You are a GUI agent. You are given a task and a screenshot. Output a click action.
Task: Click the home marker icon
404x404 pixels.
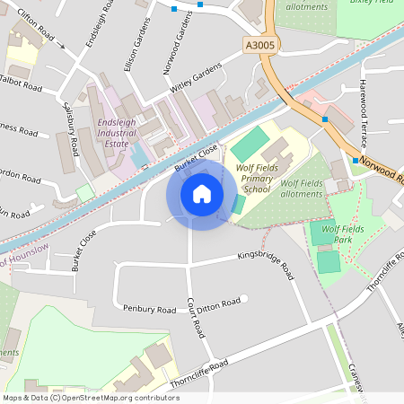(x=202, y=194)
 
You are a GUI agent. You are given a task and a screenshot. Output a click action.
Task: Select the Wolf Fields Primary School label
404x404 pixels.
(x=243, y=178)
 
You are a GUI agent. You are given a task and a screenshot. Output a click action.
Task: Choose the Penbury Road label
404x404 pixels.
(x=150, y=309)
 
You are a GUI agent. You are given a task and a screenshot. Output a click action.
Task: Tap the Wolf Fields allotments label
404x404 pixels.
(x=301, y=188)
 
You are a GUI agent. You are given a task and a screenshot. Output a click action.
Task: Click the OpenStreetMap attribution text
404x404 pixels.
(x=91, y=397)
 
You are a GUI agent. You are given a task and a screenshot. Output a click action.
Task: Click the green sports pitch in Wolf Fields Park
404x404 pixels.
(x=329, y=262)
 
